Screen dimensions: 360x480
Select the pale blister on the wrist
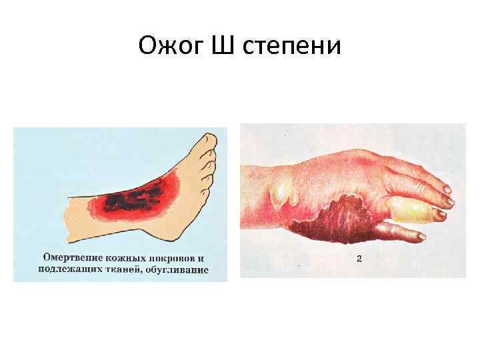[x=283, y=191]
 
